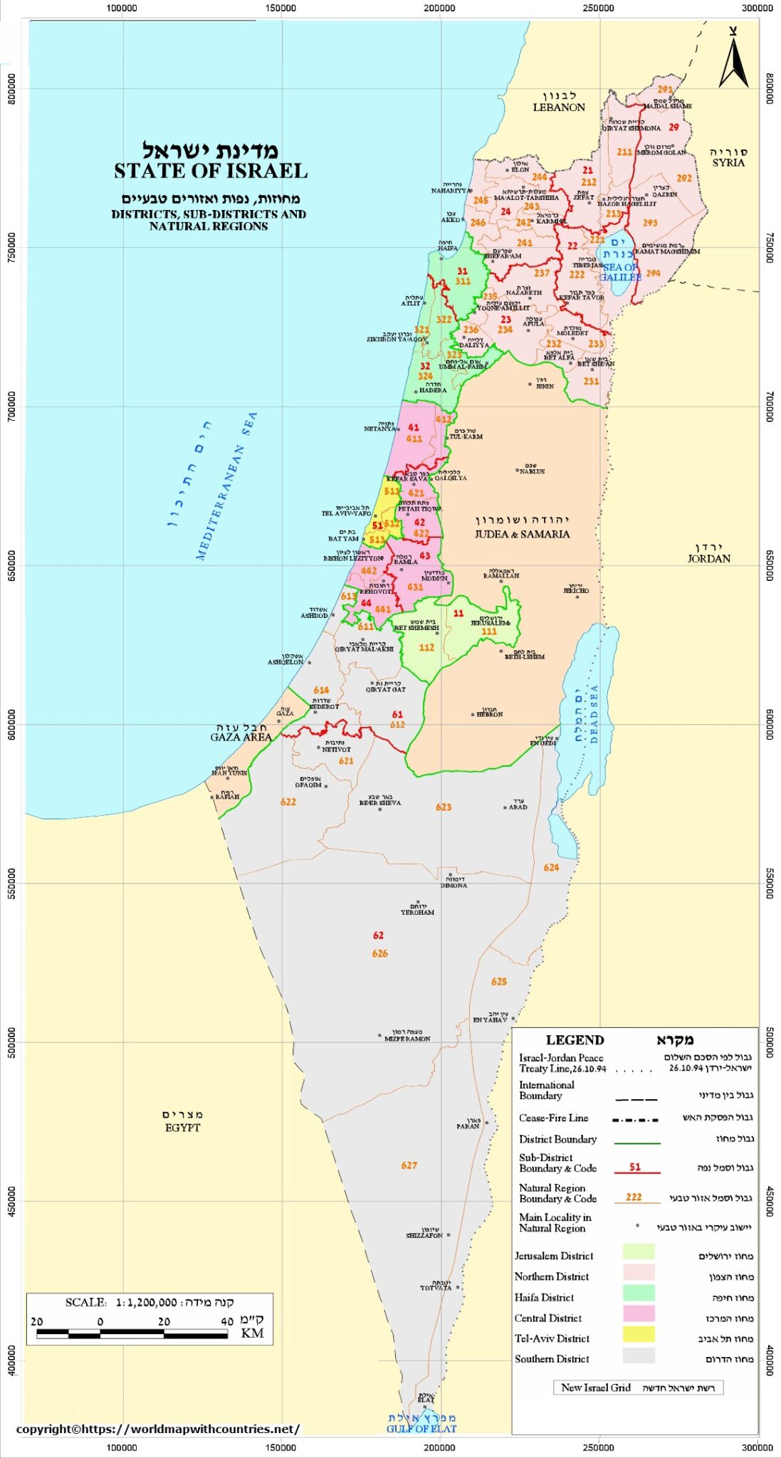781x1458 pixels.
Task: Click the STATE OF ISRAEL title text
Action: pyautogui.click(x=211, y=172)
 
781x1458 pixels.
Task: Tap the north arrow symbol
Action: pyautogui.click(x=733, y=60)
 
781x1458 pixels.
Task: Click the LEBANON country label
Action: pyautogui.click(x=559, y=107)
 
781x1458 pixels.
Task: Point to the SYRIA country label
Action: pyautogui.click(x=728, y=162)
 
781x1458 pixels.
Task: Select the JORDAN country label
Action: pyautogui.click(x=708, y=559)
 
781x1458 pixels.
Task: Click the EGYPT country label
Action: pyautogui.click(x=182, y=1128)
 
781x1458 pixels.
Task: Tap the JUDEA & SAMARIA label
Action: pyautogui.click(x=522, y=534)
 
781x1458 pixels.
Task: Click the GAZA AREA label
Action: pyautogui.click(x=241, y=738)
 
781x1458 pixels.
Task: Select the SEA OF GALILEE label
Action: pyautogui.click(x=620, y=272)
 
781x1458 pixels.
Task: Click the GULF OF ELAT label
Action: pyautogui.click(x=421, y=1429)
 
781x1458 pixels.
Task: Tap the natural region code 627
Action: pyautogui.click(x=409, y=1165)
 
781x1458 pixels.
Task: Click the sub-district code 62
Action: pyautogui.click(x=378, y=935)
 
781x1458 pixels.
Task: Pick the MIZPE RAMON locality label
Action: pyautogui.click(x=407, y=1039)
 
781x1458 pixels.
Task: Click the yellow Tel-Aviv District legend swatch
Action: pyautogui.click(x=638, y=1334)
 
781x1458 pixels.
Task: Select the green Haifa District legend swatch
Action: pyautogui.click(x=638, y=1293)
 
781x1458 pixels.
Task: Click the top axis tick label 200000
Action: pyautogui.click(x=439, y=8)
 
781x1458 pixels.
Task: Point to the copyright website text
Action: pyautogui.click(x=157, y=1429)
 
